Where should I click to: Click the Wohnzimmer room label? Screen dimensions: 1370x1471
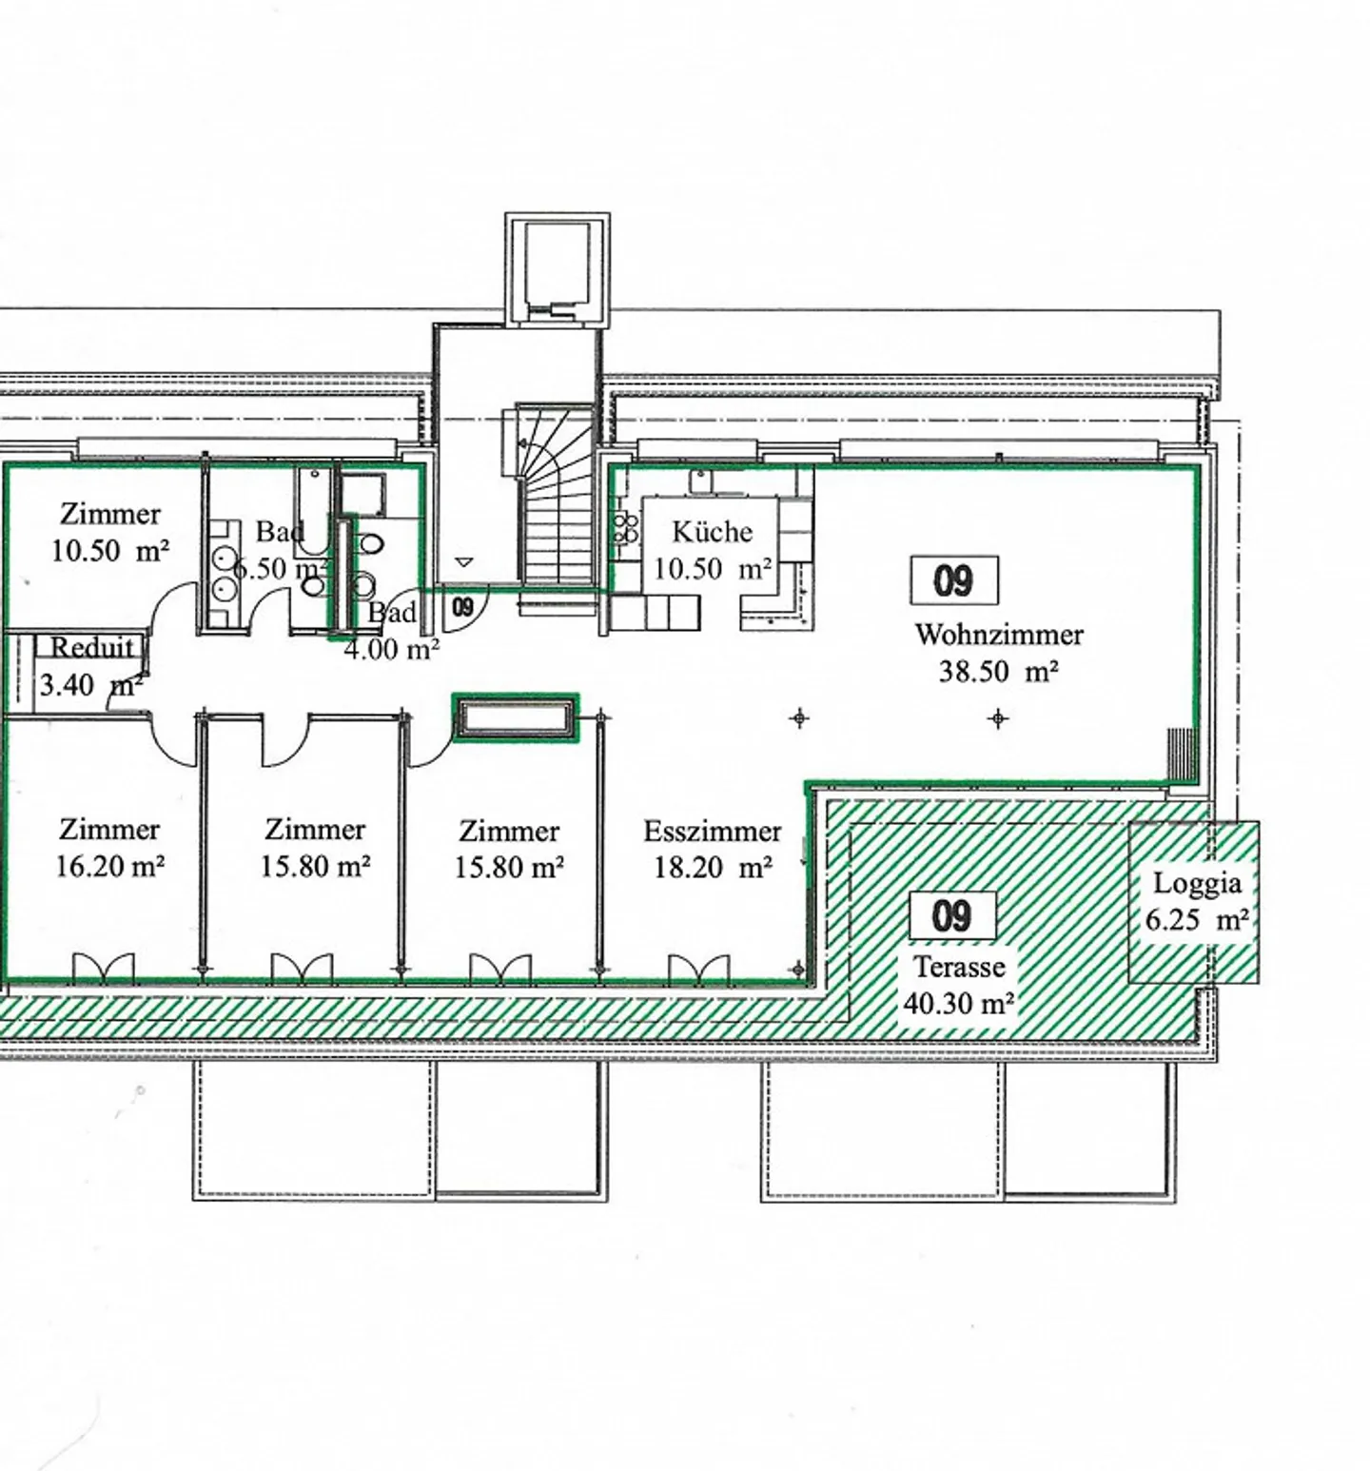tap(999, 634)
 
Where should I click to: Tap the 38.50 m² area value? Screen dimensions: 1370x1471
tap(999, 671)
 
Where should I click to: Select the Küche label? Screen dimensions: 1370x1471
tap(712, 531)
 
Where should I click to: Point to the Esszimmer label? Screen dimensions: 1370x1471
tap(713, 831)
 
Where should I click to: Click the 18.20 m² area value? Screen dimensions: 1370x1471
tap(713, 867)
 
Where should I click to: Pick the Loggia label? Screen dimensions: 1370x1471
tap(1197, 884)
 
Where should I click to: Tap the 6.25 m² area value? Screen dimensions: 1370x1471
tap(1197, 920)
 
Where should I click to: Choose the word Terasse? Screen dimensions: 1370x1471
tap(959, 967)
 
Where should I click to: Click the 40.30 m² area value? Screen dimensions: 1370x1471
tap(959, 1003)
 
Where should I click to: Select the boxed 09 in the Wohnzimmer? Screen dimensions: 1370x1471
tap(954, 579)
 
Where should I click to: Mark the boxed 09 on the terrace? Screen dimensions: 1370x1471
tap(952, 916)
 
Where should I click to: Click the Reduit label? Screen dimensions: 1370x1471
tap(91, 648)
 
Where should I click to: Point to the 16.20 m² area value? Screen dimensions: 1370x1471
tap(110, 867)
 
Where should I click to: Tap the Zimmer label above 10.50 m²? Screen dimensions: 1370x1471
tap(110, 514)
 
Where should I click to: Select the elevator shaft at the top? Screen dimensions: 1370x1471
tap(558, 270)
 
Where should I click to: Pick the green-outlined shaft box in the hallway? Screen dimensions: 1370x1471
tap(515, 717)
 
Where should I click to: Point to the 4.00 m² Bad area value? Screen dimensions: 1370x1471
tap(391, 651)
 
